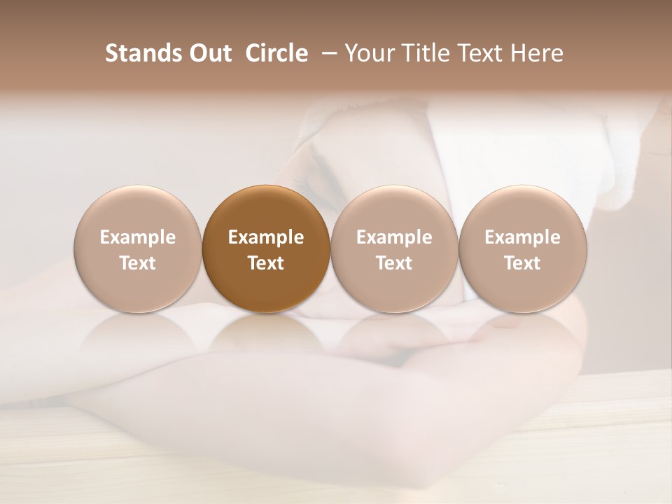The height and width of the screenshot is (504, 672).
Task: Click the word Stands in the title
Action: point(143,53)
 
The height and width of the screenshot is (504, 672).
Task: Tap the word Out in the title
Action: point(209,53)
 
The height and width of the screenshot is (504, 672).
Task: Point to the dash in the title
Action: point(325,53)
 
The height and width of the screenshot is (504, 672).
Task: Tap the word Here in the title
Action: point(535,53)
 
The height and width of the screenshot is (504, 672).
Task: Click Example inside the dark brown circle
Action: point(266,237)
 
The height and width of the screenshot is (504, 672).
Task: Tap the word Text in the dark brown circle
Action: point(266,263)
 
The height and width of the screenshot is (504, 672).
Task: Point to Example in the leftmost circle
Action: point(138,237)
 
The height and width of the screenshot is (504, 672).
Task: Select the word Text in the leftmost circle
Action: point(138,263)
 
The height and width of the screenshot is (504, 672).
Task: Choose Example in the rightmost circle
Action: point(523,237)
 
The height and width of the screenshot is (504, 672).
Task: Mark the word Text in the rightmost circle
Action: point(523,263)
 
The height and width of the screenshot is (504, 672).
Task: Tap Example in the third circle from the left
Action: point(394,237)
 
